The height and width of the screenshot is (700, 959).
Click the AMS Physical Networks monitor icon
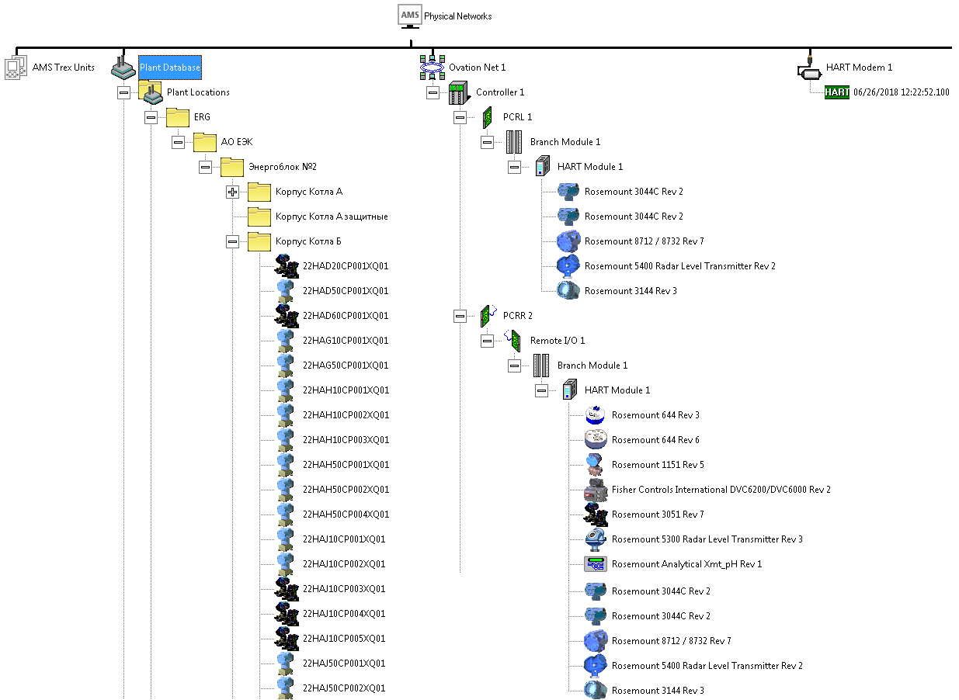pyautogui.click(x=410, y=16)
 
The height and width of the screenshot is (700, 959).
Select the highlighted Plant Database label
pyautogui.click(x=170, y=68)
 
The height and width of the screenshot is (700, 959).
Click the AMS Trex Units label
pyautogui.click(x=64, y=68)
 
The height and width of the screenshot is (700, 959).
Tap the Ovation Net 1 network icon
pyautogui.click(x=433, y=68)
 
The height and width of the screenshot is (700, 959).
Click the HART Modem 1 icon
pyautogui.click(x=809, y=68)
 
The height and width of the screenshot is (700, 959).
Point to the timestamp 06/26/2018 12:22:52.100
pyautogui.click(x=902, y=92)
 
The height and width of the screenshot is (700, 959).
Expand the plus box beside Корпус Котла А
pyautogui.click(x=232, y=192)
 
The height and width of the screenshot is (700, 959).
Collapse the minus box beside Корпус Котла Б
pyautogui.click(x=232, y=242)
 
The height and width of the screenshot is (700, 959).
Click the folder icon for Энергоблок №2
pyautogui.click(x=232, y=167)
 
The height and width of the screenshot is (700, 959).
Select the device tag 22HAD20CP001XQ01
pyautogui.click(x=346, y=266)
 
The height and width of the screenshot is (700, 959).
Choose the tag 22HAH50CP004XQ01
pyautogui.click(x=346, y=515)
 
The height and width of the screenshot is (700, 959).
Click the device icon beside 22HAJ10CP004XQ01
pyautogui.click(x=287, y=614)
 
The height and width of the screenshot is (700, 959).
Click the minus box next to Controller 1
pyautogui.click(x=433, y=92)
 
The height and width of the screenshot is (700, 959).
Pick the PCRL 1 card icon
pyautogui.click(x=487, y=118)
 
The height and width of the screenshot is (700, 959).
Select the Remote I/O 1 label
pyautogui.click(x=558, y=341)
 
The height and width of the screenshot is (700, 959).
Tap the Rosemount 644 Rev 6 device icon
pyautogui.click(x=596, y=439)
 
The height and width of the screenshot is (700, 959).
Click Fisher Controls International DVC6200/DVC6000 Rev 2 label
pyautogui.click(x=721, y=490)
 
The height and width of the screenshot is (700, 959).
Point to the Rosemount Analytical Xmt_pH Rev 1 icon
pyautogui.click(x=596, y=564)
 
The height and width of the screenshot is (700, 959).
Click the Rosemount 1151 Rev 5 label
pyautogui.click(x=658, y=465)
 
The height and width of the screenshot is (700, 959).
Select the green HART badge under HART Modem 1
pyautogui.click(x=837, y=92)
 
